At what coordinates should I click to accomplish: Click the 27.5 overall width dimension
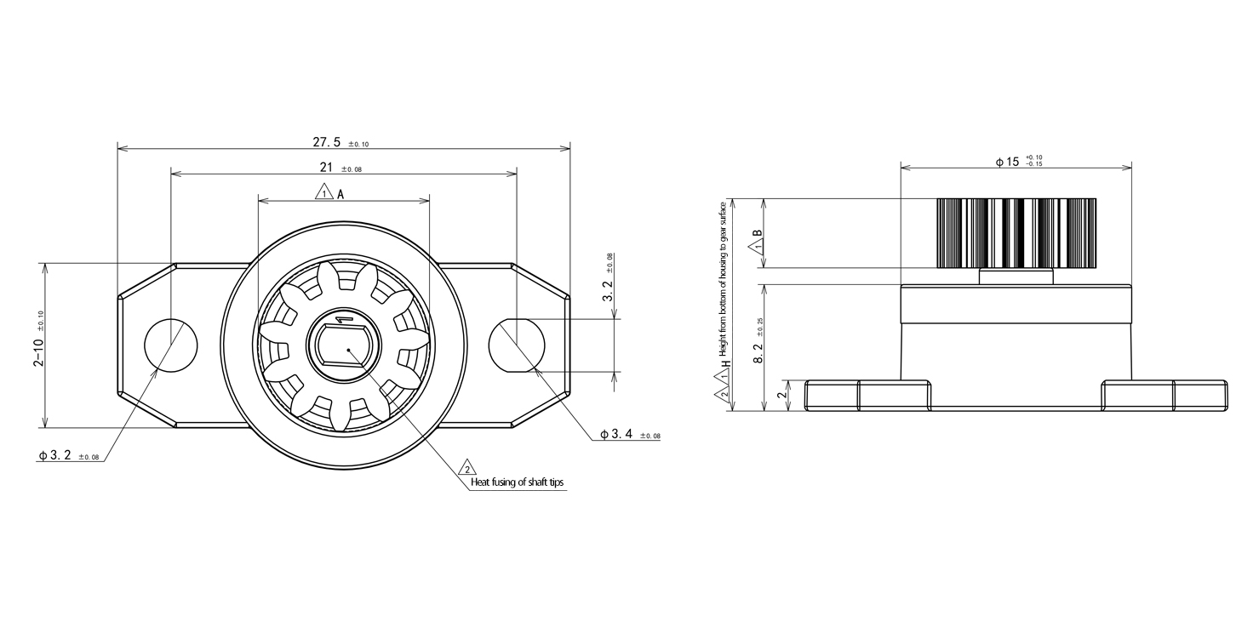(x=341, y=142)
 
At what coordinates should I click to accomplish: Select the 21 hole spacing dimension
(x=341, y=168)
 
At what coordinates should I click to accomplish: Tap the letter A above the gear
(x=341, y=194)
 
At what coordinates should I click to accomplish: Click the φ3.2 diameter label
(x=69, y=455)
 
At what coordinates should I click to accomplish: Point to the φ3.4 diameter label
(x=630, y=434)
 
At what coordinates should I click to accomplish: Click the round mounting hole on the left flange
(x=171, y=345)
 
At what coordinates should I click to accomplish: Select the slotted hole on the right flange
(x=517, y=345)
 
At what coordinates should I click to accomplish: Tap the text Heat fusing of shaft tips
(x=517, y=482)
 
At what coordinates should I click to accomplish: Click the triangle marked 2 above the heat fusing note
(x=467, y=468)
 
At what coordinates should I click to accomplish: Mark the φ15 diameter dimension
(x=1018, y=162)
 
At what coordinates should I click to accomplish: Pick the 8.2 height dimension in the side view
(x=758, y=340)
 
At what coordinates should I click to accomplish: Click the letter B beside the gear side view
(x=758, y=233)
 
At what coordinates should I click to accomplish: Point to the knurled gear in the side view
(x=1016, y=232)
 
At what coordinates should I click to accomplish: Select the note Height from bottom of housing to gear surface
(x=724, y=279)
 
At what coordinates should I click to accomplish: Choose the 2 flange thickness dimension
(x=781, y=395)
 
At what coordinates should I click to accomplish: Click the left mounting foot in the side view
(x=867, y=396)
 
